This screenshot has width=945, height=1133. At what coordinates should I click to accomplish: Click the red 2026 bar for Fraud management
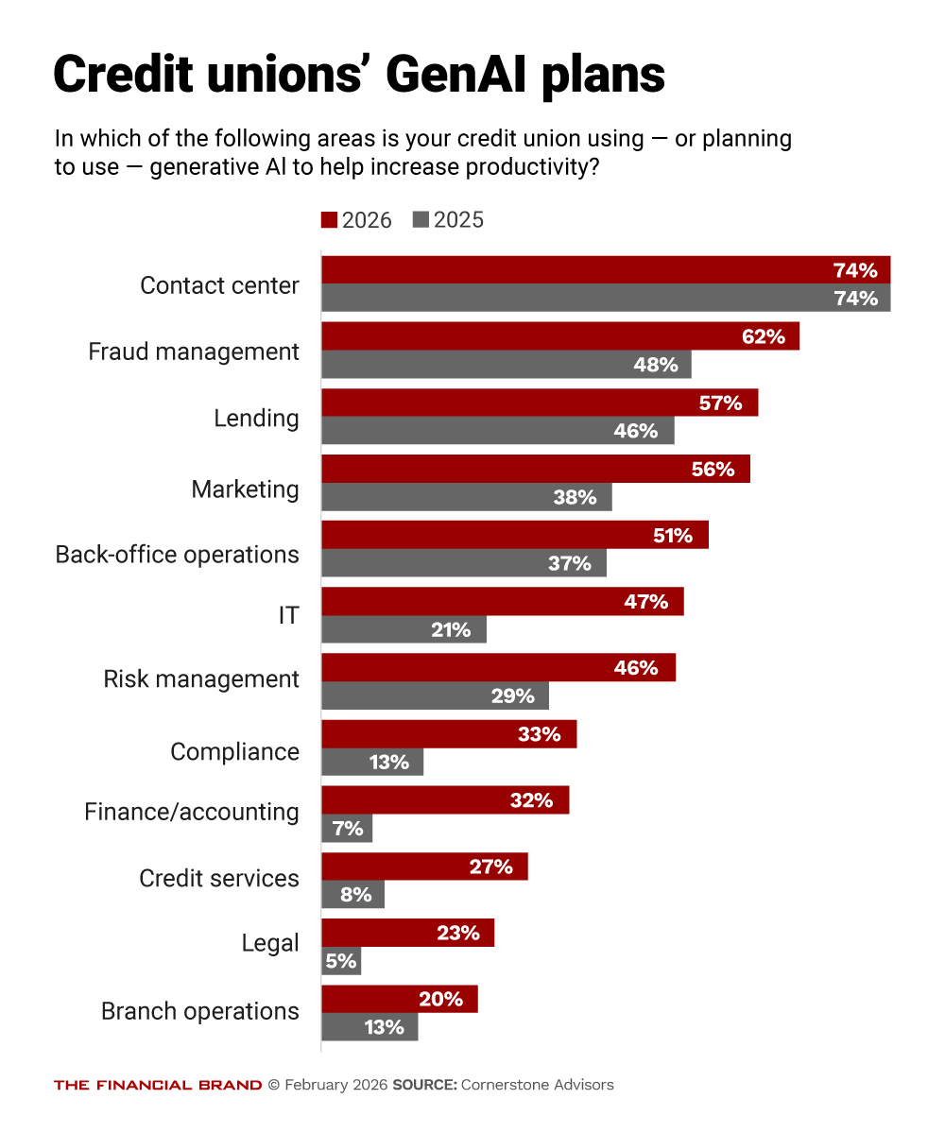coord(560,336)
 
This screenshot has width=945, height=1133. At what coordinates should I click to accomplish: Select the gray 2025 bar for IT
coord(404,629)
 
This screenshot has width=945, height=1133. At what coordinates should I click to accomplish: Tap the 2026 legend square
coord(329,220)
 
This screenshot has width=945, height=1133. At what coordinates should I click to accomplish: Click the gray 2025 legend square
coord(421,220)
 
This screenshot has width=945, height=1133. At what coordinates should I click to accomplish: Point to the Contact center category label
coord(219,285)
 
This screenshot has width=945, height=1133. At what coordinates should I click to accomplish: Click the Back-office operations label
coord(178,555)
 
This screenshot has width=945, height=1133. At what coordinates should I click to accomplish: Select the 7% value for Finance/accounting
coord(348,829)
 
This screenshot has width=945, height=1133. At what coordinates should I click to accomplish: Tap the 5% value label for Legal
coord(341,961)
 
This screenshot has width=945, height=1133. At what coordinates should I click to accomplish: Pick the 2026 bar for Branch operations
coord(399,999)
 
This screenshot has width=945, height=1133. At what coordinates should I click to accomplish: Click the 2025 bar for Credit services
coord(352,894)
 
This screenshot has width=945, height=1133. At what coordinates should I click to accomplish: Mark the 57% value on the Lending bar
coord(720,403)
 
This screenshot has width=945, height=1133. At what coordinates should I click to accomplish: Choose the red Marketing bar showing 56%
coord(535,469)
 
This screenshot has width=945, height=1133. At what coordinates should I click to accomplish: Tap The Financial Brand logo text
coord(158,1085)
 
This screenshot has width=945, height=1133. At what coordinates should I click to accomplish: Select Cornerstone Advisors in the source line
coord(537,1085)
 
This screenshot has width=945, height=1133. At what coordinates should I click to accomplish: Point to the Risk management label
coord(201,679)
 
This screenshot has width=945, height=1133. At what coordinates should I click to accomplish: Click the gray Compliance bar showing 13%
coord(372,762)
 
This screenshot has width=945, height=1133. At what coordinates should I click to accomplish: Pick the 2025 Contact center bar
coord(605,299)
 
